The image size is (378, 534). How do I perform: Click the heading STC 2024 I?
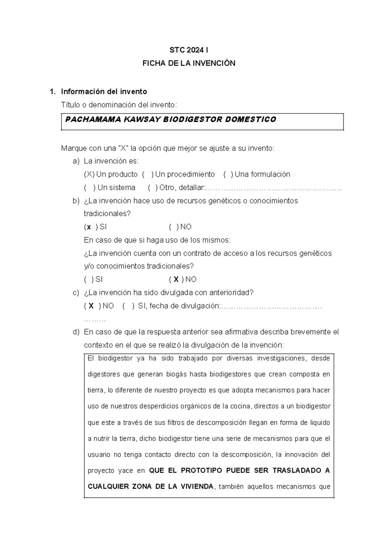pyautogui.click(x=189, y=50)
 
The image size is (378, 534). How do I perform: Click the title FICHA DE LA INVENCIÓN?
pyautogui.click(x=189, y=63)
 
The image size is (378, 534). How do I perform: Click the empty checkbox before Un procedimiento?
pyautogui.click(x=148, y=174)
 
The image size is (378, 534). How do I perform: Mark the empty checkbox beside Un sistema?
pyautogui.click(x=90, y=188)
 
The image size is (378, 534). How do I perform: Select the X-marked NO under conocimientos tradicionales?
pyautogui.click(x=176, y=279)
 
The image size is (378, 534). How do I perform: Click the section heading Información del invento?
pyautogui.click(x=104, y=92)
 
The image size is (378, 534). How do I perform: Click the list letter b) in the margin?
pyautogui.click(x=76, y=201)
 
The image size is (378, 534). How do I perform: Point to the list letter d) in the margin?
pyautogui.click(x=76, y=332)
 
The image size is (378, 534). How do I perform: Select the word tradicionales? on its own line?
pyautogui.click(x=107, y=214)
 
